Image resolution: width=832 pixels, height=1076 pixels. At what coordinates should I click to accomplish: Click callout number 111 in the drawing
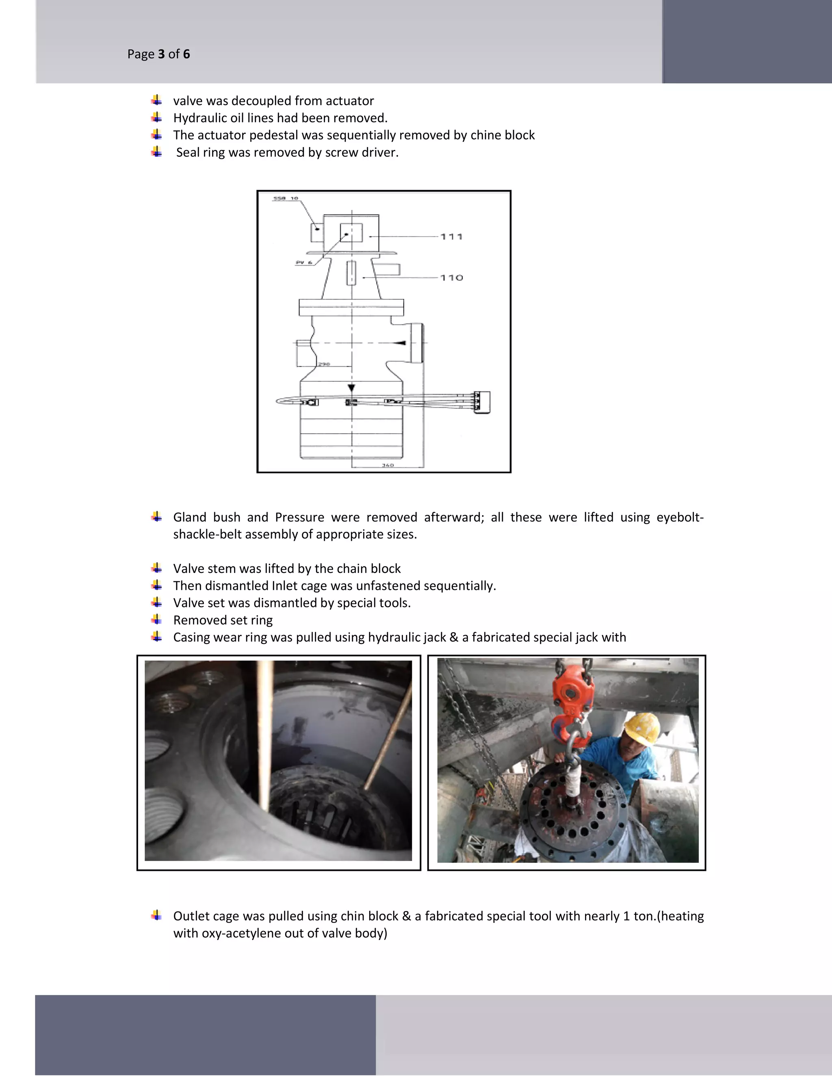tap(451, 237)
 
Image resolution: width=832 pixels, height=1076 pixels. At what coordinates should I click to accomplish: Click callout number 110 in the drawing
tap(451, 278)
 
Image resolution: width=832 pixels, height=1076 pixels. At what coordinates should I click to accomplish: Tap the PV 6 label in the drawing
tap(303, 263)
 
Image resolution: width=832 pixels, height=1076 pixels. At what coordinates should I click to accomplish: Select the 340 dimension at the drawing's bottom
tap(388, 465)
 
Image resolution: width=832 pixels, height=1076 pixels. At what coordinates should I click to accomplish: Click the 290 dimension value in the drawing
tap(324, 365)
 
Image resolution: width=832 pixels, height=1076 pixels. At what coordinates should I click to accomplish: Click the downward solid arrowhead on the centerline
tap(351, 388)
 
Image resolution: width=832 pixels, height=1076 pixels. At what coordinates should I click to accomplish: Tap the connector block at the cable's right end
tap(483, 402)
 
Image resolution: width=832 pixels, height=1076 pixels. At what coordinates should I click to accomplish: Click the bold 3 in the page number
tap(161, 54)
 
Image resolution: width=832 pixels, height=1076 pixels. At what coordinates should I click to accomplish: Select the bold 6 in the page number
tap(186, 54)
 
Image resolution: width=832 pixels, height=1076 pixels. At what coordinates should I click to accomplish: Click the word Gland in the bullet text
tap(189, 517)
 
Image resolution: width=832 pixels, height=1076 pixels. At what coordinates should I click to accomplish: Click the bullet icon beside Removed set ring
tap(157, 619)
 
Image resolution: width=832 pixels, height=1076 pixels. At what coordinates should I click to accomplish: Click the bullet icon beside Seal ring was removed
tap(157, 152)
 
